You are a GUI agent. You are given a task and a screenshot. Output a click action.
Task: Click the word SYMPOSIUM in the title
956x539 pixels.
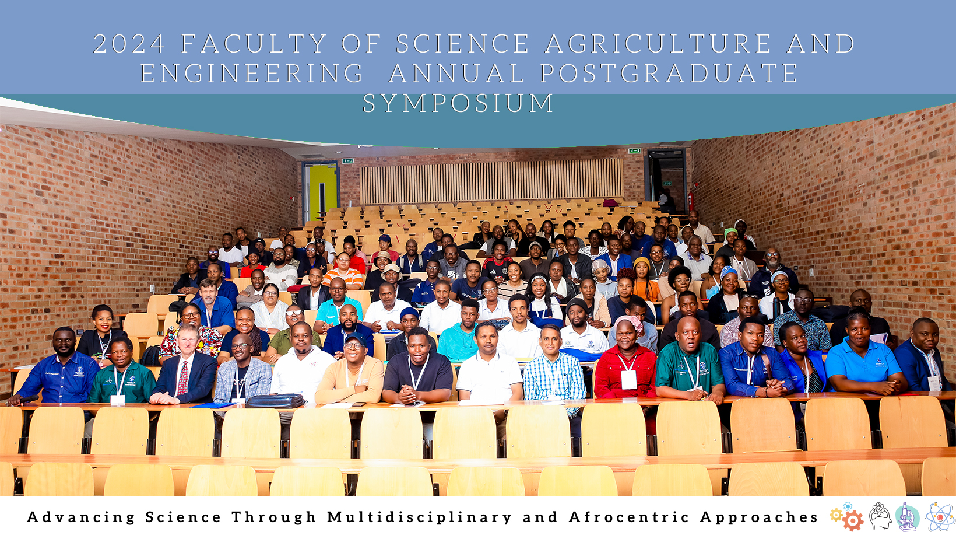[x=458, y=103]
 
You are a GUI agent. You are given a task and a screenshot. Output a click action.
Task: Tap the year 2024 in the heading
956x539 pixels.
[x=129, y=44]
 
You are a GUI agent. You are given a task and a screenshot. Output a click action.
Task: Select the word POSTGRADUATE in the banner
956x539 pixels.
[x=669, y=73]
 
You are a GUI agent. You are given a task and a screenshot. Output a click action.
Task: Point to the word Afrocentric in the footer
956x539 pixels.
[x=629, y=517]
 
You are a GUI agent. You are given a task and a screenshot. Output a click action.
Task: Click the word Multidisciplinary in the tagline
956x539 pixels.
[x=420, y=517]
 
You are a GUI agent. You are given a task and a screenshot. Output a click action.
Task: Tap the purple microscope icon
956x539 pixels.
[x=907, y=517]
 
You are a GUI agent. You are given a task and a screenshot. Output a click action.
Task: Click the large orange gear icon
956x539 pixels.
[x=853, y=521]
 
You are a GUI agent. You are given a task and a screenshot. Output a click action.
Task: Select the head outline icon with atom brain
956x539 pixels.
[x=880, y=517]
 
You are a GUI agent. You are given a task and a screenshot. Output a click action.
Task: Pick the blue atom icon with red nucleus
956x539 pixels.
[x=939, y=517]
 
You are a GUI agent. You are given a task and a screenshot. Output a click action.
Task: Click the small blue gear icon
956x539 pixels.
[x=848, y=506]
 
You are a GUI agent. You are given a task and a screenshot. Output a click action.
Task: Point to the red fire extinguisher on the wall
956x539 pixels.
[x=690, y=200]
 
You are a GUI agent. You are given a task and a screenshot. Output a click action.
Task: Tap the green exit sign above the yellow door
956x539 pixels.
[x=347, y=160]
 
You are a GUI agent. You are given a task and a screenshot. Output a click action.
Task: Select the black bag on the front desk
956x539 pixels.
[x=276, y=401]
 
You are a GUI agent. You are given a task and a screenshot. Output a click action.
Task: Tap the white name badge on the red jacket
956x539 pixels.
[x=628, y=380]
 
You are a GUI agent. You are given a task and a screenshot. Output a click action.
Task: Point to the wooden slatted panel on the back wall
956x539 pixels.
[x=491, y=181]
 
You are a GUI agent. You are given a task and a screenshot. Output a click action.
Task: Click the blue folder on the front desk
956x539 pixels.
[x=213, y=404]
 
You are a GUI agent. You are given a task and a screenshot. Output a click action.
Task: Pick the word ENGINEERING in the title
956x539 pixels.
[x=252, y=73]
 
